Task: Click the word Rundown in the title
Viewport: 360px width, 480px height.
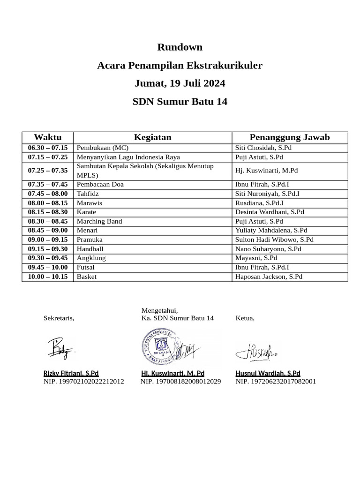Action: pos(180,47)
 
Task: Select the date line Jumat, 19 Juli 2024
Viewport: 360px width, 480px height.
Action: pos(180,83)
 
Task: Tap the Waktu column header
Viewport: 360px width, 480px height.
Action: pos(48,137)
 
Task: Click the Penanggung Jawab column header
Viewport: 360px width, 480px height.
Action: pos(290,137)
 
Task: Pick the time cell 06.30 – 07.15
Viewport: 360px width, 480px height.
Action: pos(48,148)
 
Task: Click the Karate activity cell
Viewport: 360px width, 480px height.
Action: pos(87,212)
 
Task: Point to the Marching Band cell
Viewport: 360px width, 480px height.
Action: pos(99,221)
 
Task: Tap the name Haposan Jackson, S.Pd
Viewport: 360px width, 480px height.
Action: pos(269,277)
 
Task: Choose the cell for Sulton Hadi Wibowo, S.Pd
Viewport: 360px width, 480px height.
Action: pos(274,240)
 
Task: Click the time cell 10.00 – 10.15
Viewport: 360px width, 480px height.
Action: pos(48,277)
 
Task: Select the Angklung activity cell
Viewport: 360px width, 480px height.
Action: pos(91,258)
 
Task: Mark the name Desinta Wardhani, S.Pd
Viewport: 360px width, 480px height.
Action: pos(270,212)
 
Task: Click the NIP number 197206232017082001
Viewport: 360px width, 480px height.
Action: pos(276,382)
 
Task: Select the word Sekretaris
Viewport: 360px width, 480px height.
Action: pos(59,318)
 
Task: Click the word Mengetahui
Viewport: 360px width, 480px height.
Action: pos(160,310)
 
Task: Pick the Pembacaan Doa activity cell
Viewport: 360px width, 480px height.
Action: pos(100,184)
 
